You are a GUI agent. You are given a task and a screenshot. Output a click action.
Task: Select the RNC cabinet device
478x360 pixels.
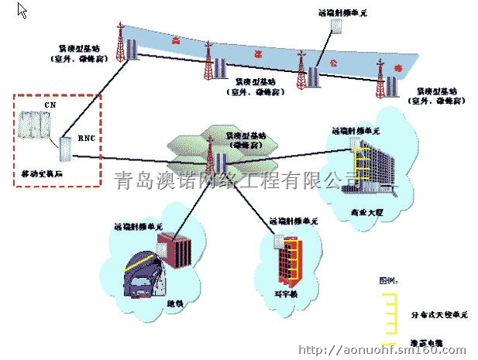point(64,150)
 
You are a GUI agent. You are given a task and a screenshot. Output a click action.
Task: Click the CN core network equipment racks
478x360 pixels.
point(36,126)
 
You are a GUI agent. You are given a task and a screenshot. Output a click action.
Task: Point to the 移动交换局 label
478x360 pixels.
point(41,175)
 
